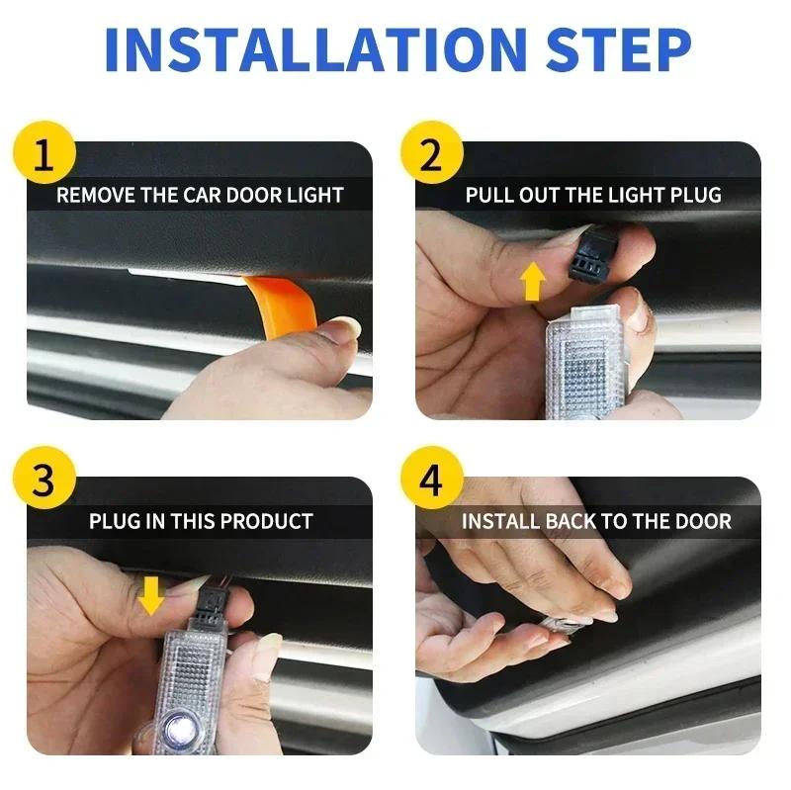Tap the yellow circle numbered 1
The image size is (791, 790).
[43, 159]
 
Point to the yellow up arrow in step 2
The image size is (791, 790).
[533, 281]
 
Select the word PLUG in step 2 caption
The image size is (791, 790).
[698, 195]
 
